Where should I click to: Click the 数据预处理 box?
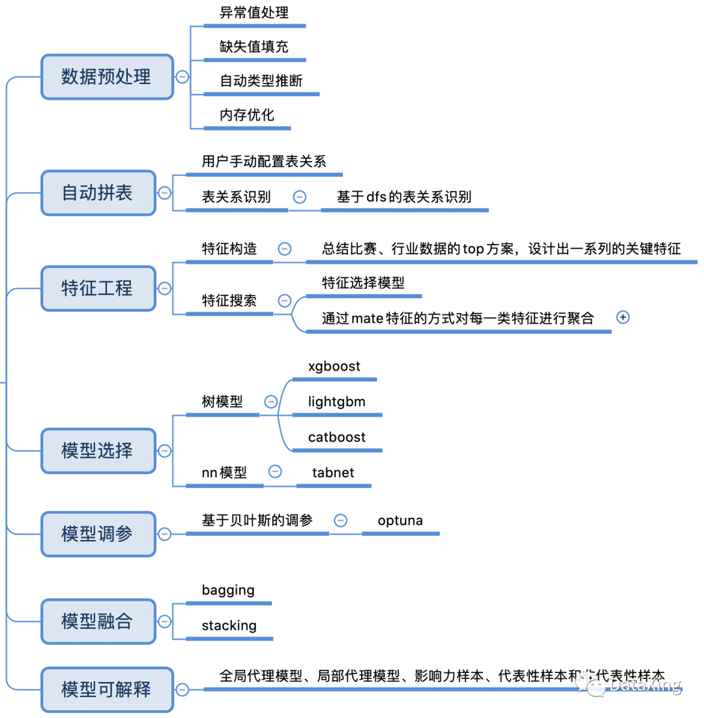coord(107,77)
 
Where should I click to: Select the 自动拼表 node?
coord(98,193)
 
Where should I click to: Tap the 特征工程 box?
coord(98,288)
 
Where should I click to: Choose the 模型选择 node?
coord(98,450)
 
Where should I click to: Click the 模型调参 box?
coord(98,534)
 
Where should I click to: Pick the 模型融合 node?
coord(98,621)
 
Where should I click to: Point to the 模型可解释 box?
coord(107,689)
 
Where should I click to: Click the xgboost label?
coord(334,366)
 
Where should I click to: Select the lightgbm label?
coord(337,402)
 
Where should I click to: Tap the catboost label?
coord(337,437)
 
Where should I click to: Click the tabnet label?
coord(333,473)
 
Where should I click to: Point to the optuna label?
coord(400,520)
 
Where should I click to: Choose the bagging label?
coord(228,590)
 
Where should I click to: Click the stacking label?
coord(229,625)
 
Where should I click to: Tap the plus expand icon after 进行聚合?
coord(623,317)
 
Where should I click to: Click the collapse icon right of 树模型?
coord(271,402)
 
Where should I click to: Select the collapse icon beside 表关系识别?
coord(299,196)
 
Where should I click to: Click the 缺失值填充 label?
coord(254,47)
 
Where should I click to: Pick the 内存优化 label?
coord(247,115)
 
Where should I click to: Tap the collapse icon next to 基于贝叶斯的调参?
coord(340,520)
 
